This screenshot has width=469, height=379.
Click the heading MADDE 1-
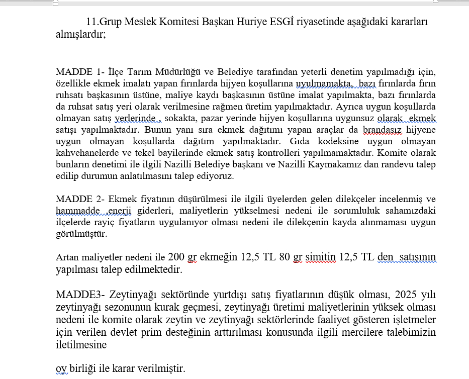pos(80,71)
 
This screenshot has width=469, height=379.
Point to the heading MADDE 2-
pos(80,198)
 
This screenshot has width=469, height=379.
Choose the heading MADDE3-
pos(80,295)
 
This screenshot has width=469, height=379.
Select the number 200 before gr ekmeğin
pos(176,257)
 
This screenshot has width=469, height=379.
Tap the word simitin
pos(320,257)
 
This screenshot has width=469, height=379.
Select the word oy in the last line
pos(61,369)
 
